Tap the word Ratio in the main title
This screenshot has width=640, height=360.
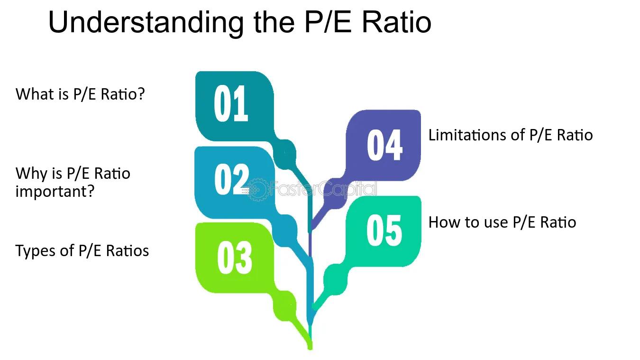point(397,22)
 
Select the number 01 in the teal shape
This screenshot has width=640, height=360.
point(231,103)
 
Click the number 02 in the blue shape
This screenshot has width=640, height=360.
point(232,180)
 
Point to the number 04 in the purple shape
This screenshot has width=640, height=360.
point(385,145)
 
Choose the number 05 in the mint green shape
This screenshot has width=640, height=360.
point(384,231)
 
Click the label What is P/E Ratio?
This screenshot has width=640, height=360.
point(80,94)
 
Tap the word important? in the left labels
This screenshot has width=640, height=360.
point(55,191)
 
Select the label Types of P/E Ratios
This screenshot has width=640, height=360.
point(82,251)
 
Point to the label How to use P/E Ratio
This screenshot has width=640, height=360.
point(503,222)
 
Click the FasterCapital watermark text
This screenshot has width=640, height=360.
point(323,189)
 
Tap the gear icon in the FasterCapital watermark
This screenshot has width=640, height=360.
point(257,189)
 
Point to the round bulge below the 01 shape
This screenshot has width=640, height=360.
point(285,155)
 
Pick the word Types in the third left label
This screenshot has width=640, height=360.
point(36,251)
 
